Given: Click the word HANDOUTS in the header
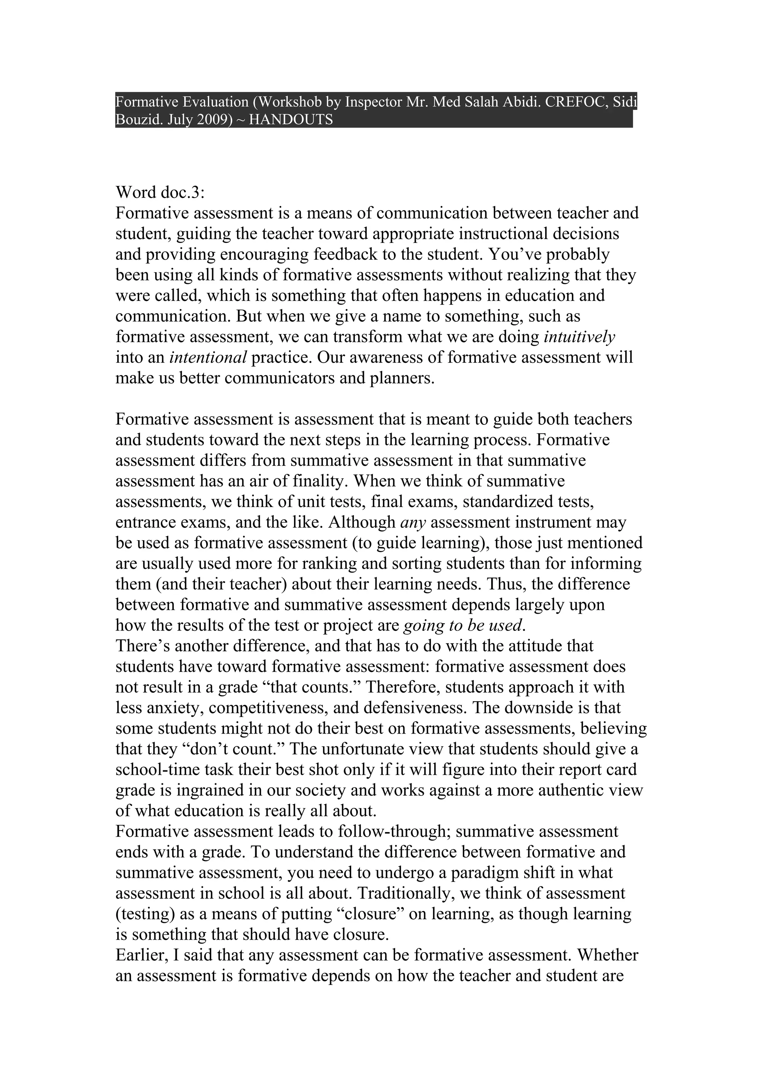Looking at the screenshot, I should (291, 119).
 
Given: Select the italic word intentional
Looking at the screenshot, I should (208, 357).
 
